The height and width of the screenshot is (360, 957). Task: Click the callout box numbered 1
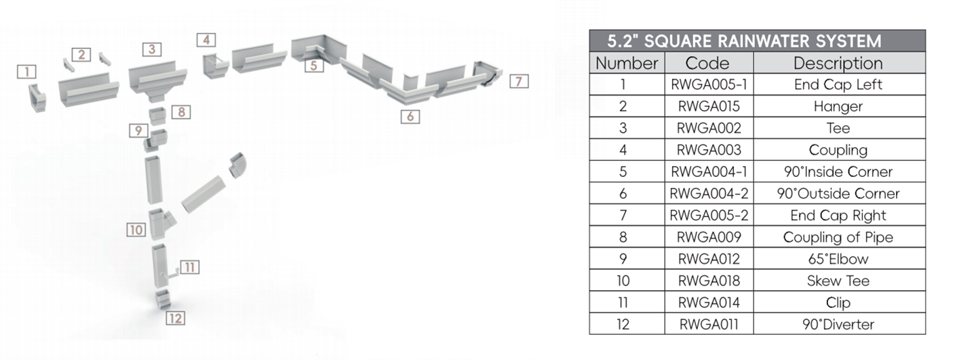26,71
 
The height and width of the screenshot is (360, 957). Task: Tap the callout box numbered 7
519,81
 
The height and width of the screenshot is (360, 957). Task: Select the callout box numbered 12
176,318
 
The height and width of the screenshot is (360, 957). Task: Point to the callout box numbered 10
136,230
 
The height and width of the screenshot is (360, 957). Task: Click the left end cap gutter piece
37,98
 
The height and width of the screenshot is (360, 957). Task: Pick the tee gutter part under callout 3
157,81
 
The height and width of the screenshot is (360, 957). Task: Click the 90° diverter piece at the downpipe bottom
162,299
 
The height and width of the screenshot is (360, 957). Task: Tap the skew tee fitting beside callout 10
161,224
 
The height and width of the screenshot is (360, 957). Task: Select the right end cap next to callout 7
487,73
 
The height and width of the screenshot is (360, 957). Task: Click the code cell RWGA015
709,106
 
